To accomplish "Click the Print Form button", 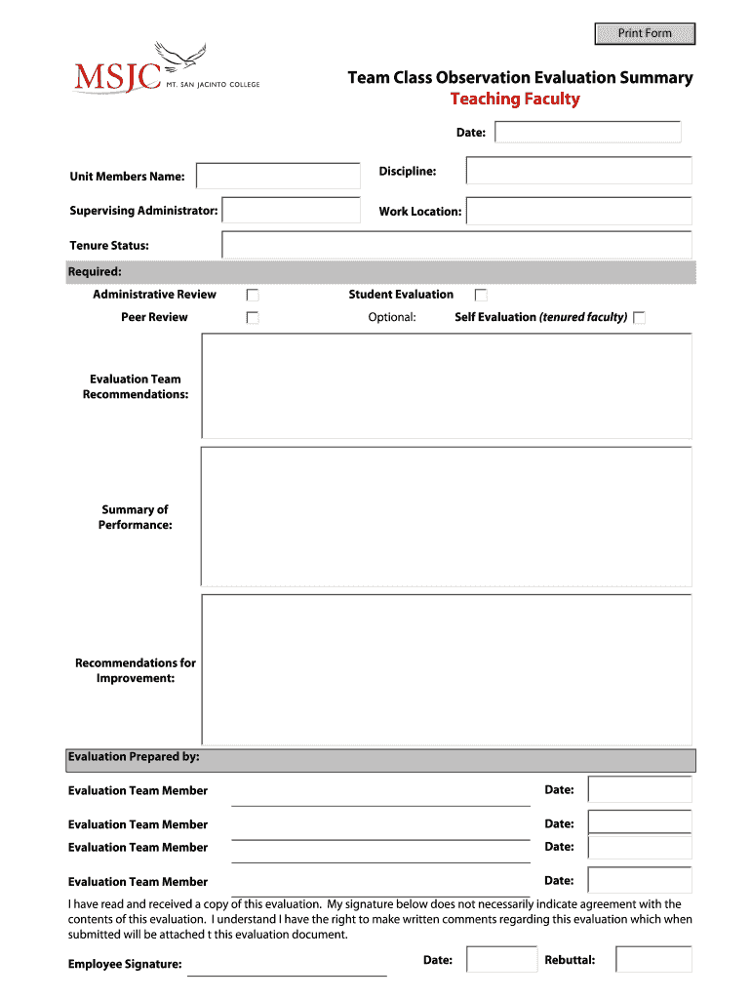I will pyautogui.click(x=645, y=33).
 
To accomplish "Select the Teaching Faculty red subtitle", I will pyautogui.click(x=514, y=100).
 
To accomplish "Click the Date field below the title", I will pyautogui.click(x=587, y=132).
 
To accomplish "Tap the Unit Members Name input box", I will pyautogui.click(x=278, y=176).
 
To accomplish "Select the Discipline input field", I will pyautogui.click(x=578, y=171).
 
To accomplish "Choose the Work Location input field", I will pyautogui.click(x=578, y=211).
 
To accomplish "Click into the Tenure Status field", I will pyautogui.click(x=456, y=245).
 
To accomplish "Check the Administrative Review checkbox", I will pyautogui.click(x=253, y=295).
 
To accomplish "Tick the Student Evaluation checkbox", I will pyautogui.click(x=481, y=295).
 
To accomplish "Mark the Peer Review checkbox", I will pyautogui.click(x=253, y=317).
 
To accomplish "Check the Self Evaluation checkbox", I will pyautogui.click(x=639, y=317).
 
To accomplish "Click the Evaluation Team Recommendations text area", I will pyautogui.click(x=446, y=385).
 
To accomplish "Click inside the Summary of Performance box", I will pyautogui.click(x=446, y=516).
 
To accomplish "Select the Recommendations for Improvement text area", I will pyautogui.click(x=446, y=669).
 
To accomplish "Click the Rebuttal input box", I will pyautogui.click(x=653, y=959).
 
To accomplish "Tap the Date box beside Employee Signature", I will pyautogui.click(x=501, y=959).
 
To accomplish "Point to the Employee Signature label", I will pyautogui.click(x=125, y=965).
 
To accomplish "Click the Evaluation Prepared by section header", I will pyautogui.click(x=134, y=757).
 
